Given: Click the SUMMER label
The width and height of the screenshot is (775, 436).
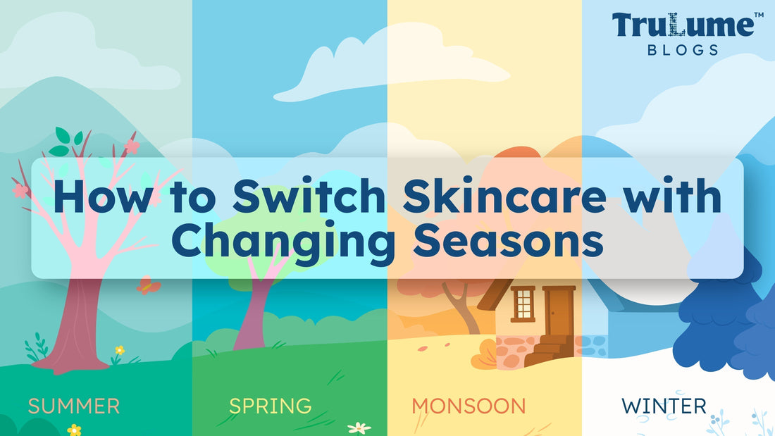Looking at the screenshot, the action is [74, 406].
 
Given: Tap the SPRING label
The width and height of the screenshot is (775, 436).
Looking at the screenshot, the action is [271, 406].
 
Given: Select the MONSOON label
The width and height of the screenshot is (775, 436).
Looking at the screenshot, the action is [469, 406].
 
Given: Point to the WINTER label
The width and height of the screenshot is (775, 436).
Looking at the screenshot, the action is [664, 406].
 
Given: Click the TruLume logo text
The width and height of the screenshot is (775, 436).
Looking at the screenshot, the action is [683, 25].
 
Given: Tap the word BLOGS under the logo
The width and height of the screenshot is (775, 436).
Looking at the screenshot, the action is [683, 50].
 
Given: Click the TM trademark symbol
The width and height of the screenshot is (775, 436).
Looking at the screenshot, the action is [759, 15].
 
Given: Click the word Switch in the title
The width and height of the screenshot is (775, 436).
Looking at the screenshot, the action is [309, 197].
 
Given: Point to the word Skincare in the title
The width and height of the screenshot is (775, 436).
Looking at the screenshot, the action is [504, 197].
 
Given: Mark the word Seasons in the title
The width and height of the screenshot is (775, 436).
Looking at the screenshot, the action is [508, 241].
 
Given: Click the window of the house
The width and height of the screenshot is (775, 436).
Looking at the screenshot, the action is [523, 304].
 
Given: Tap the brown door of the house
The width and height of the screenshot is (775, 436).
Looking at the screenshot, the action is [559, 311].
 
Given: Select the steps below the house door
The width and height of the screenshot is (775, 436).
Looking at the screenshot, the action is [551, 349].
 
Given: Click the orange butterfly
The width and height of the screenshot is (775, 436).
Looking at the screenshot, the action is [148, 285].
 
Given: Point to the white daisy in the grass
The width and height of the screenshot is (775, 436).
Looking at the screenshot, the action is [359, 427].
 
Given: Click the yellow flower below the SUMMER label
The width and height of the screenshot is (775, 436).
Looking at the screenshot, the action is [74, 430].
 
